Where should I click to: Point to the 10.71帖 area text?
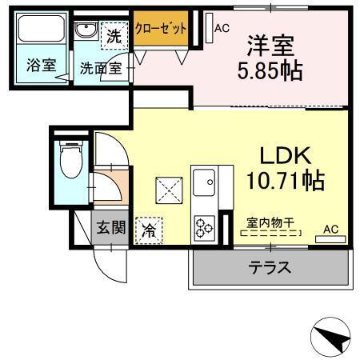[x=282, y=180]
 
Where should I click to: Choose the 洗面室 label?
[x=100, y=69]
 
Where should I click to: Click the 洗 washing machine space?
[x=114, y=36]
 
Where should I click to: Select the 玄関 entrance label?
[x=111, y=227]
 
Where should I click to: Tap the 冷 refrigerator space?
[x=149, y=230]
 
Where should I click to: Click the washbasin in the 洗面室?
[x=85, y=32]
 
